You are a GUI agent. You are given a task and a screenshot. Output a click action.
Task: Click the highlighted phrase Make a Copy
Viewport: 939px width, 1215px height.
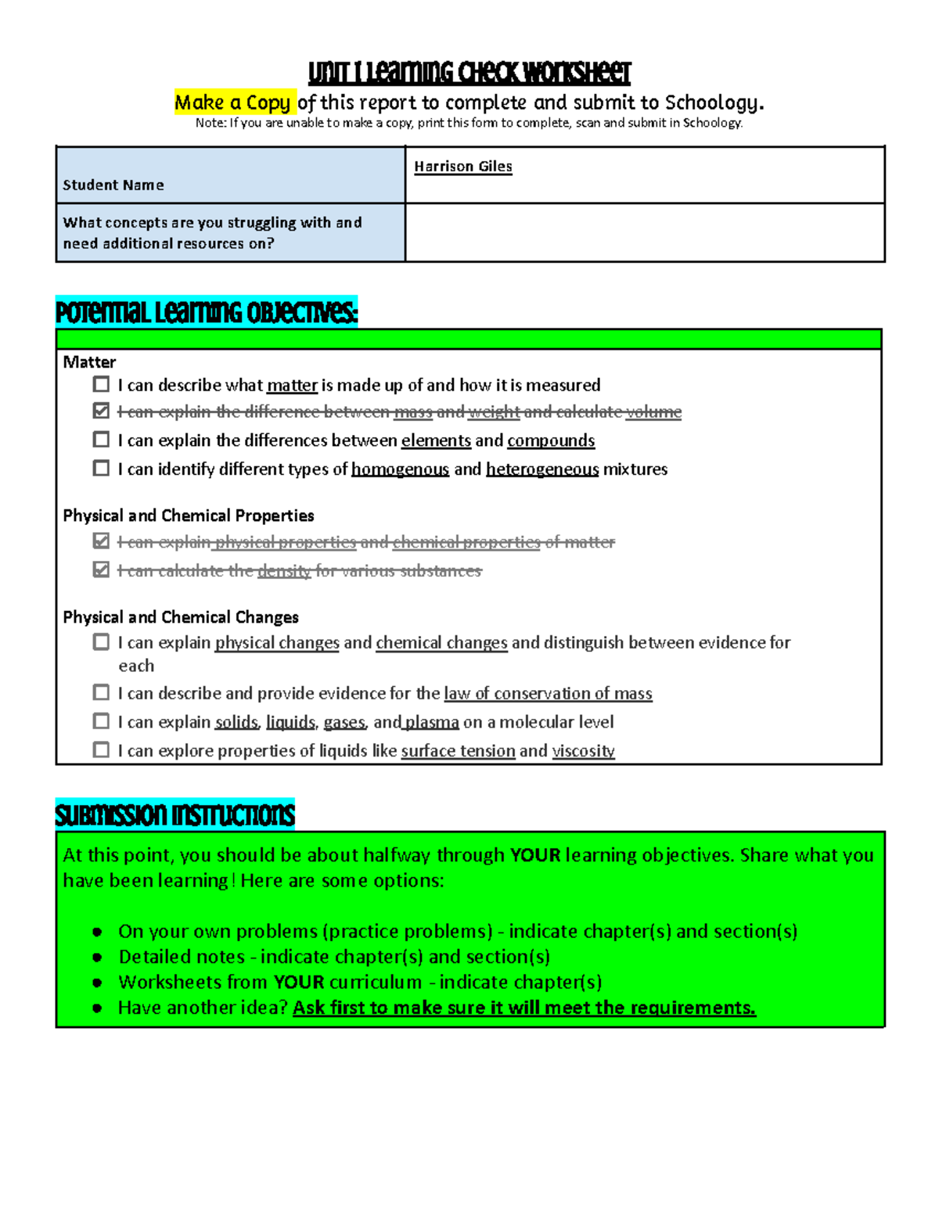pos(234,102)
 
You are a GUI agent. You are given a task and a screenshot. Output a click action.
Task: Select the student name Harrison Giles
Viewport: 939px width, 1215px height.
pos(462,167)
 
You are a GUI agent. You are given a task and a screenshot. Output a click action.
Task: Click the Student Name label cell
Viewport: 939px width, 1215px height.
pos(113,185)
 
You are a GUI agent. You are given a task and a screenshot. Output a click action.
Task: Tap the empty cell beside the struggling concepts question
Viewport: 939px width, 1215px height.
pos(644,232)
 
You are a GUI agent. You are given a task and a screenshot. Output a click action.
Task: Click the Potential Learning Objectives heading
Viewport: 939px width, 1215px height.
pos(207,313)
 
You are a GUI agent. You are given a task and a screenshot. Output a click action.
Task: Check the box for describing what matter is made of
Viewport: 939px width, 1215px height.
pos(101,384)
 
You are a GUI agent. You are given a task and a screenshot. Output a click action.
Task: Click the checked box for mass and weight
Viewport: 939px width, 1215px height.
pos(101,411)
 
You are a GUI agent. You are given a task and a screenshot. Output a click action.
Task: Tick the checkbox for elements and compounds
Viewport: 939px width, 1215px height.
pos(101,440)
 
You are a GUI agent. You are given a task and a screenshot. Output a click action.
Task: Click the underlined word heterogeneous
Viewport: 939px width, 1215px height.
pos(541,469)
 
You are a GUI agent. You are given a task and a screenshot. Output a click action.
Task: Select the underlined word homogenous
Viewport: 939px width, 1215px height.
pos(400,469)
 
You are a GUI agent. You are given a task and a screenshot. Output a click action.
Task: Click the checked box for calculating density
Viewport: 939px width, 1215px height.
pos(101,570)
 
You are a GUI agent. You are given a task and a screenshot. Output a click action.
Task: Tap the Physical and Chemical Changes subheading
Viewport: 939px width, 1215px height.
pos(181,617)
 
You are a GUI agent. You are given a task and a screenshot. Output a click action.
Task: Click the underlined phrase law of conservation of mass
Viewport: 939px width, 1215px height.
pos(548,694)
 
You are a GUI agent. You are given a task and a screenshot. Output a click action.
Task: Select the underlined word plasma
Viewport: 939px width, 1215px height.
pos(431,722)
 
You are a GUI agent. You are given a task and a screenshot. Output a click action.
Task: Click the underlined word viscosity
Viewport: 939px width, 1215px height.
pos(583,751)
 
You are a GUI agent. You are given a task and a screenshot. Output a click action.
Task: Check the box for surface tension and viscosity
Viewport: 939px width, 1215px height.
pos(101,749)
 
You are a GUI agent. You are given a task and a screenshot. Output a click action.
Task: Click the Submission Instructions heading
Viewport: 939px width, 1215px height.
pos(174,815)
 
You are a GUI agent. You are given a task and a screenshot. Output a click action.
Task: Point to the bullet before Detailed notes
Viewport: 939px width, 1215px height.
pos(97,958)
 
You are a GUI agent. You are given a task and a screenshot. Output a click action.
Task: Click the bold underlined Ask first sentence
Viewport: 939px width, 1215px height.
pos(523,1008)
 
